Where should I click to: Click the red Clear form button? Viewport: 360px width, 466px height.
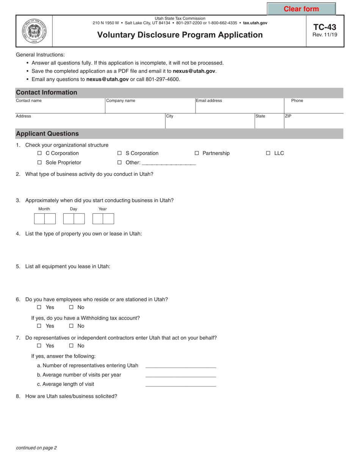click(x=301, y=9)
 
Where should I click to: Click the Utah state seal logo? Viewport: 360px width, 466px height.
click(x=34, y=31)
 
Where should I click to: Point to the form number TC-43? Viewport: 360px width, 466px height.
click(x=325, y=27)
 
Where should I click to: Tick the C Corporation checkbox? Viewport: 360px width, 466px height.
click(x=39, y=153)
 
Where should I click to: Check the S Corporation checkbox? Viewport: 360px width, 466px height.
click(x=119, y=153)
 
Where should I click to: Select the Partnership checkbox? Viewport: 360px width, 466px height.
click(x=197, y=153)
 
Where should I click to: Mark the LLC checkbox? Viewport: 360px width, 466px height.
click(x=268, y=153)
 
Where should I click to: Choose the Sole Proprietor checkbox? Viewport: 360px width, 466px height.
click(x=39, y=163)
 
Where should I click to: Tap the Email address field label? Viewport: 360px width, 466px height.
click(x=209, y=101)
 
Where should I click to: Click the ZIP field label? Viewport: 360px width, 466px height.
click(x=288, y=116)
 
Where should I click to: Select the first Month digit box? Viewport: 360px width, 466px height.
click(x=39, y=219)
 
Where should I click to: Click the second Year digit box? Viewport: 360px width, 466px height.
click(x=108, y=219)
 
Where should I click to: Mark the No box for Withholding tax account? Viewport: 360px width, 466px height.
click(x=71, y=326)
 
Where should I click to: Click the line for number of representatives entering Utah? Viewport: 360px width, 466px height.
click(x=180, y=366)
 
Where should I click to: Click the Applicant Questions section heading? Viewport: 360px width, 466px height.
click(x=47, y=134)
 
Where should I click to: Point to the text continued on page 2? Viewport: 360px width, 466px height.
click(x=36, y=448)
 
